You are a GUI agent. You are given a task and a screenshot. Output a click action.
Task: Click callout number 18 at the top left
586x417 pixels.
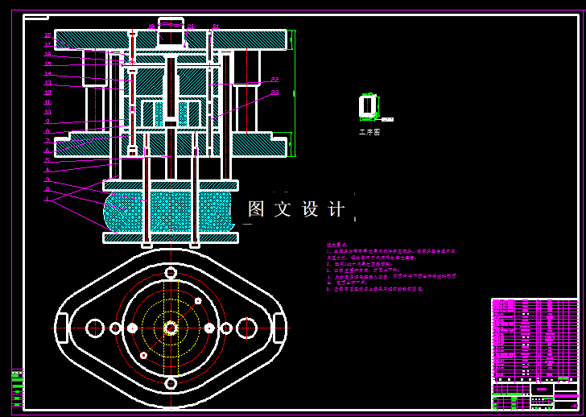[47, 35]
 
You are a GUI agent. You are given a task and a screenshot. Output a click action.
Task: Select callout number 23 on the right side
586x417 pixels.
[274, 93]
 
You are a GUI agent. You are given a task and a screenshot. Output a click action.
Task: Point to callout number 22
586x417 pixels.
[274, 79]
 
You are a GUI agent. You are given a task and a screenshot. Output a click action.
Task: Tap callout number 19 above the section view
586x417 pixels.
[151, 27]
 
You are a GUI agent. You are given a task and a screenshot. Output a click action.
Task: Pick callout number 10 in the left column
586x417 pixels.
[47, 112]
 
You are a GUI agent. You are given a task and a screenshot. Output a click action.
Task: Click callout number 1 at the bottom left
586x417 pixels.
[47, 198]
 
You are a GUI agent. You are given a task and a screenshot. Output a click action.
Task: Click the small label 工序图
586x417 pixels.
[369, 131]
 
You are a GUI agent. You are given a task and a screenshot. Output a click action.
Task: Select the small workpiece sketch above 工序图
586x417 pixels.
[368, 105]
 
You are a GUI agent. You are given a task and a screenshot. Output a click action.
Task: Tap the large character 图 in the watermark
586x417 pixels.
[257, 209]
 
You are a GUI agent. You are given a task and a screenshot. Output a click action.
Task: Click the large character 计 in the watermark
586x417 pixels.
[337, 209]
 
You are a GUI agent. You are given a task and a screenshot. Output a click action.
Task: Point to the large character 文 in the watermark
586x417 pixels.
[283, 209]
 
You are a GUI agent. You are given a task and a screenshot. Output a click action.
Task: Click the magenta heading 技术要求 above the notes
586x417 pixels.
[336, 245]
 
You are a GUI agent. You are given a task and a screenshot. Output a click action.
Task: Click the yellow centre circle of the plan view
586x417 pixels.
[171, 328]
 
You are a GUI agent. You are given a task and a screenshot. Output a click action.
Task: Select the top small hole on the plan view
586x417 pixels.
[171, 273]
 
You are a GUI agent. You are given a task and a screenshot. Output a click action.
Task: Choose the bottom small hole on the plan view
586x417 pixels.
[171, 383]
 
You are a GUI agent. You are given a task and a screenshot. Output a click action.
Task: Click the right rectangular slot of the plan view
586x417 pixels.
[280, 328]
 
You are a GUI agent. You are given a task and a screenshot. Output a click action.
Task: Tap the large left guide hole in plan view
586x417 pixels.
[95, 328]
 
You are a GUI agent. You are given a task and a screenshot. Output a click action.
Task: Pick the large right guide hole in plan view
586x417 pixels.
[246, 328]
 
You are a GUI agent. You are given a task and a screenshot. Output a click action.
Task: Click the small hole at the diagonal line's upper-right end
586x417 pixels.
[198, 301]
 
